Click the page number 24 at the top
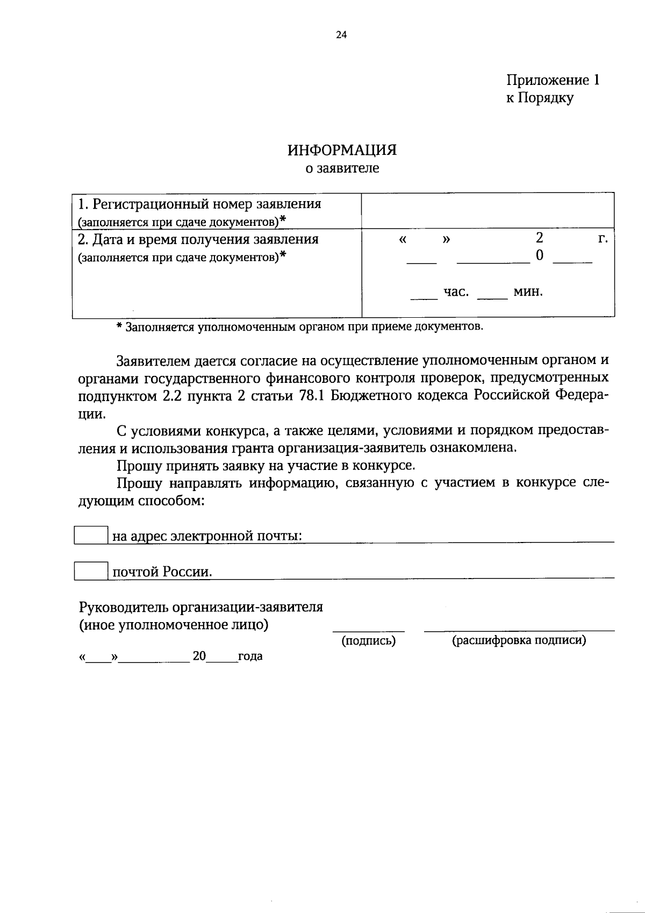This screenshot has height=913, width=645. click(x=341, y=35)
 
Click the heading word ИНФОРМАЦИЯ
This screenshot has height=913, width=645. click(x=342, y=150)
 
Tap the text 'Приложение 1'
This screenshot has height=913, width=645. click(x=553, y=80)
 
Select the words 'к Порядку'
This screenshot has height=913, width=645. click(x=540, y=98)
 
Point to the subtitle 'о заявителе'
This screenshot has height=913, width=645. click(x=342, y=168)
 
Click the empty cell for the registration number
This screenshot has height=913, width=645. click(x=488, y=211)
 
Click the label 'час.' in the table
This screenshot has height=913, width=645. click(x=456, y=292)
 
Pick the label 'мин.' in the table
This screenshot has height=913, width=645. click(x=528, y=292)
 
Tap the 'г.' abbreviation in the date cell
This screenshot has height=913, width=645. click(x=603, y=239)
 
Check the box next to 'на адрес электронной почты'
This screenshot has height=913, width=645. click(x=91, y=535)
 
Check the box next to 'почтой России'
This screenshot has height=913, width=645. click(x=91, y=570)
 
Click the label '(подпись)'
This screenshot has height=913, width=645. click(x=369, y=640)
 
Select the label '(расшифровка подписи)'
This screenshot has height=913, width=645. click(x=519, y=640)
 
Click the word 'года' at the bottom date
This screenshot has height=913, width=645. click(x=250, y=657)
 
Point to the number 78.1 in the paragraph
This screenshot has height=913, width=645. click(x=310, y=396)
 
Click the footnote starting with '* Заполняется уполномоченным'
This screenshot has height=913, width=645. click(x=300, y=327)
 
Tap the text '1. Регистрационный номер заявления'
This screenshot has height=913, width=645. click(x=199, y=204)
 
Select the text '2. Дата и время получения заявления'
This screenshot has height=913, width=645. click(x=198, y=239)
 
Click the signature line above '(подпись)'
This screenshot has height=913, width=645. click(x=368, y=630)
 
